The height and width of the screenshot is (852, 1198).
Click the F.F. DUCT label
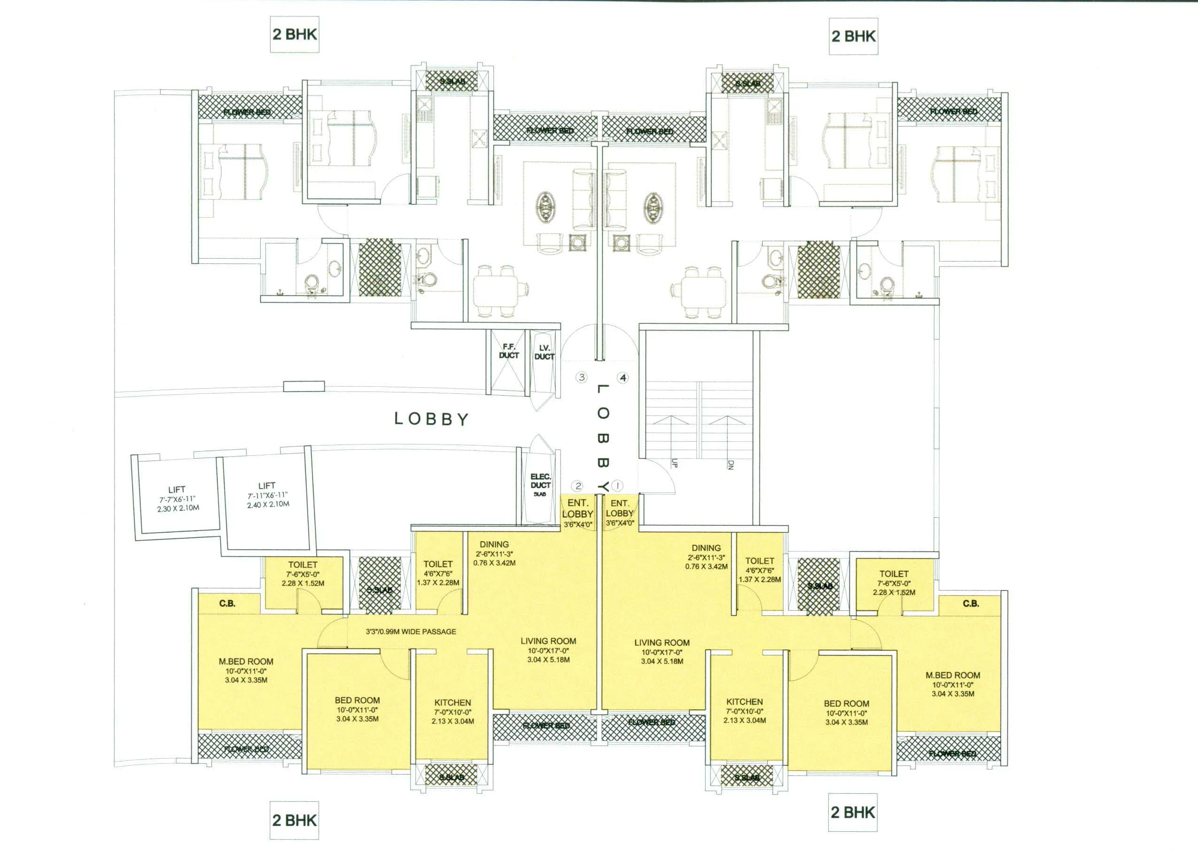click(x=508, y=351)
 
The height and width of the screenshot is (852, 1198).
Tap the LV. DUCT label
click(x=544, y=353)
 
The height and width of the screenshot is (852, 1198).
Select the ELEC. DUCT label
click(x=540, y=482)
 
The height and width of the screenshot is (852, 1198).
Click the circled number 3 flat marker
click(x=581, y=377)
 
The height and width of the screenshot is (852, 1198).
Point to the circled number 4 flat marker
click(x=622, y=378)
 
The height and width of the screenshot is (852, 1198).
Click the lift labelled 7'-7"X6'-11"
click(x=177, y=499)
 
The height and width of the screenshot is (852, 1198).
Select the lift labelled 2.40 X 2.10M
click(x=267, y=495)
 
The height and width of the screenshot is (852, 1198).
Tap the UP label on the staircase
click(x=674, y=463)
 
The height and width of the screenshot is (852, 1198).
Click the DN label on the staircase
click(x=730, y=464)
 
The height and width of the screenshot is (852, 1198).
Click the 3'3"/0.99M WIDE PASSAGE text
click(x=411, y=632)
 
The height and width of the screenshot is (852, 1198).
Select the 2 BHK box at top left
click(x=295, y=34)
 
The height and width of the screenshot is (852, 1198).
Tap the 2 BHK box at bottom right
click(x=853, y=813)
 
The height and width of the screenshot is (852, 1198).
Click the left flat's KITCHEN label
click(x=452, y=702)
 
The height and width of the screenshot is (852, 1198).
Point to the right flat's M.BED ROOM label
click(x=952, y=675)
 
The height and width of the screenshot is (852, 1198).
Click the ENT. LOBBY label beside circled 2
click(x=577, y=509)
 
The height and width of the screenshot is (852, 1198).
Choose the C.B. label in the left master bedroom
click(x=227, y=603)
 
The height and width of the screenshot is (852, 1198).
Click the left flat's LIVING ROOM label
click(x=548, y=641)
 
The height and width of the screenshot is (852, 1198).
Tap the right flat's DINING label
click(x=706, y=548)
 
